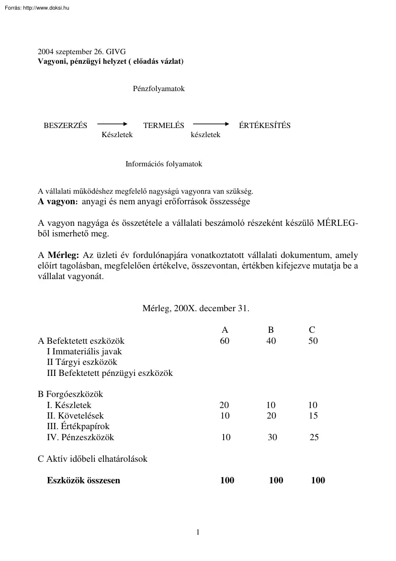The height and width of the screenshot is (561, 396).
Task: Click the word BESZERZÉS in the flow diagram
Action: click(66, 126)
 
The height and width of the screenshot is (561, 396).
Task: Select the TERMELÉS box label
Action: click(164, 126)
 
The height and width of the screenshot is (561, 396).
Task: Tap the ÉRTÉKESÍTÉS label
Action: click(264, 126)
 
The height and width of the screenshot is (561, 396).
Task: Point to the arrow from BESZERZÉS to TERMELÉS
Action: click(113, 124)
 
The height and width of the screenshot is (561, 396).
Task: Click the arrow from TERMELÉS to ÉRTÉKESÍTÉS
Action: click(211, 124)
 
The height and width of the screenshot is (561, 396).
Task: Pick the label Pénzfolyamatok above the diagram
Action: click(158, 89)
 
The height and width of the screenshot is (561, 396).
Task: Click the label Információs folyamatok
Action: click(164, 164)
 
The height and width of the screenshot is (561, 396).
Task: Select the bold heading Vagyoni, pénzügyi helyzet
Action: click(111, 62)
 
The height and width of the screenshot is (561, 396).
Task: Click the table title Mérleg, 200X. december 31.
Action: click(196, 308)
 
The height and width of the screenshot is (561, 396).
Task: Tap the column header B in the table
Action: click(271, 330)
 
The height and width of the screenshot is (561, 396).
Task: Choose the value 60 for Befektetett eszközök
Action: click(225, 341)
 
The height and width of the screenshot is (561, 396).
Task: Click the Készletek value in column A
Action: click(225, 405)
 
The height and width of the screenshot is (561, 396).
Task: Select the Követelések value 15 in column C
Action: click(313, 416)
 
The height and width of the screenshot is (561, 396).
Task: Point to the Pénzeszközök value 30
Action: click(272, 437)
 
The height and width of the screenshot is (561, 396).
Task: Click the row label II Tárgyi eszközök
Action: click(82, 362)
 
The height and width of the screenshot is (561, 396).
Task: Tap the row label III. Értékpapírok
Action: click(79, 426)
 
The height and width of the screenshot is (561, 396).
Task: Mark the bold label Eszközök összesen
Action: click(83, 480)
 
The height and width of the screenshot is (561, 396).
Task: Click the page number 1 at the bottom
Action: click(198, 532)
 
